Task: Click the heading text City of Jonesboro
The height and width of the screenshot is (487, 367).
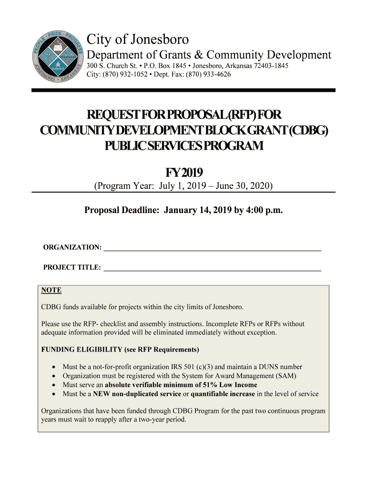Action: click(137, 39)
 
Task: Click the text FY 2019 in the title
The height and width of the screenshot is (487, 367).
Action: click(184, 172)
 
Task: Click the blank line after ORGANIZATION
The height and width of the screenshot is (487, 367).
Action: click(212, 248)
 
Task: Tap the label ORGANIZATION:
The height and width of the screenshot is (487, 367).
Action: click(72, 248)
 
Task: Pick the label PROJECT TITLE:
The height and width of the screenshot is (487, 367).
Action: click(72, 268)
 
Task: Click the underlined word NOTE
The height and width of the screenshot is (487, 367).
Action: click(51, 290)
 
